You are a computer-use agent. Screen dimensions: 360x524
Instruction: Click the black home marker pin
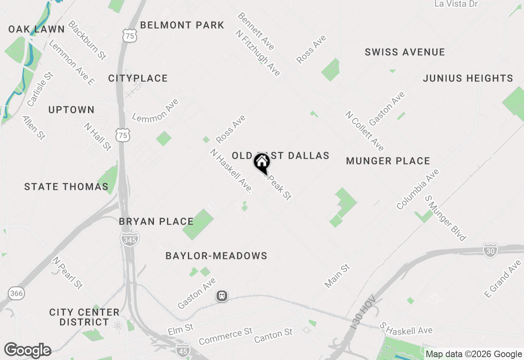click(262, 163)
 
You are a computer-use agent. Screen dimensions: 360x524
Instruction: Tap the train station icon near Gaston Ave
click(222, 295)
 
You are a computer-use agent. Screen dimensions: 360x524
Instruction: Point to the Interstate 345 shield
click(130, 239)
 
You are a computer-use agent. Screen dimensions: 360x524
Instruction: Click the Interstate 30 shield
click(490, 250)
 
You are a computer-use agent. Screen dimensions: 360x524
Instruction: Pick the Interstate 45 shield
click(183, 350)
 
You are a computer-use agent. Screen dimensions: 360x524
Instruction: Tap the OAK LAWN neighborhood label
click(36, 29)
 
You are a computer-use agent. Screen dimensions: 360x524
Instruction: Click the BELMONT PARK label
click(182, 25)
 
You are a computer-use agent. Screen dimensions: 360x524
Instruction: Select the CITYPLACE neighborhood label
click(138, 78)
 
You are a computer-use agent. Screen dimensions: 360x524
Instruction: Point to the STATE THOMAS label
click(66, 187)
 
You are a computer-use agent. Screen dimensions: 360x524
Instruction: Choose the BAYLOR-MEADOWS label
click(216, 256)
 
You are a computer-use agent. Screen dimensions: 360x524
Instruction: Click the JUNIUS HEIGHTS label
click(468, 78)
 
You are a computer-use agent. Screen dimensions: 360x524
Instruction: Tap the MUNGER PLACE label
click(388, 161)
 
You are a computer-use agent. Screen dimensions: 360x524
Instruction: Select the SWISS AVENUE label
click(405, 52)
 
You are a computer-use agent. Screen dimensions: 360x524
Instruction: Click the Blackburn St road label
click(87, 40)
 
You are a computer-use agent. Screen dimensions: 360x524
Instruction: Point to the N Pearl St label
click(68, 273)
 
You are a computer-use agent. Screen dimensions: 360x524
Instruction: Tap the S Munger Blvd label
click(445, 218)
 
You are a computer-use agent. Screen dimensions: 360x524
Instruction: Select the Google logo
click(28, 351)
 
